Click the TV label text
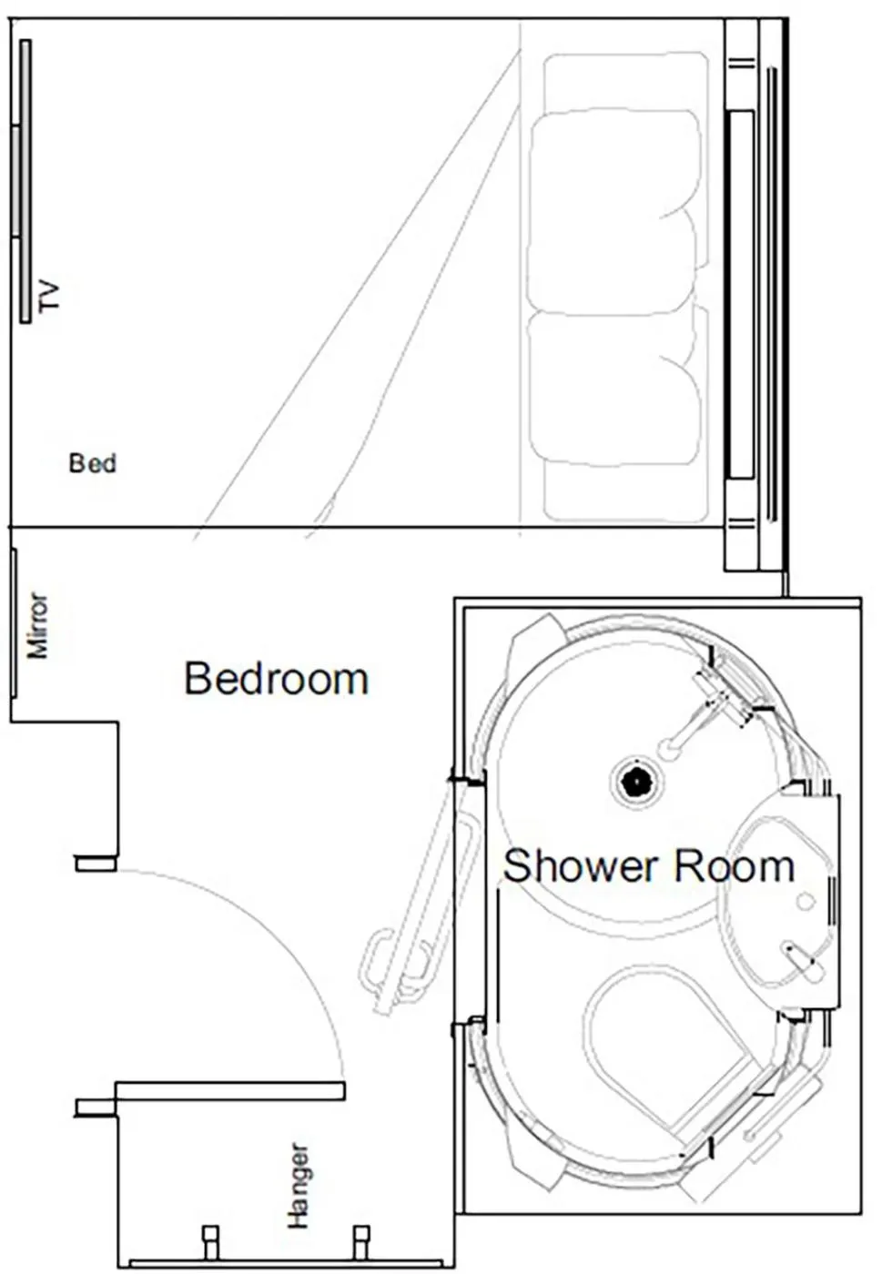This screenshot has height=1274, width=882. [49, 297]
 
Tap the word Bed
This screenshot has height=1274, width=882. [93, 463]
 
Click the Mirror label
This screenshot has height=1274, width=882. [37, 625]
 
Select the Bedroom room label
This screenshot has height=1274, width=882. [276, 679]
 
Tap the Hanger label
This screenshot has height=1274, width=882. [299, 1186]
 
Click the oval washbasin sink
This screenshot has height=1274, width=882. [778, 901]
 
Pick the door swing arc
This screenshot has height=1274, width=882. [273, 928]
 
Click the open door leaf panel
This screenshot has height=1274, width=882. [229, 1090]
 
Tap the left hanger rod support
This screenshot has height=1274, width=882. [211, 1241]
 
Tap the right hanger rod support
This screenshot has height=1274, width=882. [361, 1241]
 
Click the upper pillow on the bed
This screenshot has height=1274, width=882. [614, 209]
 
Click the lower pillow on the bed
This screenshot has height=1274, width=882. [614, 387]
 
